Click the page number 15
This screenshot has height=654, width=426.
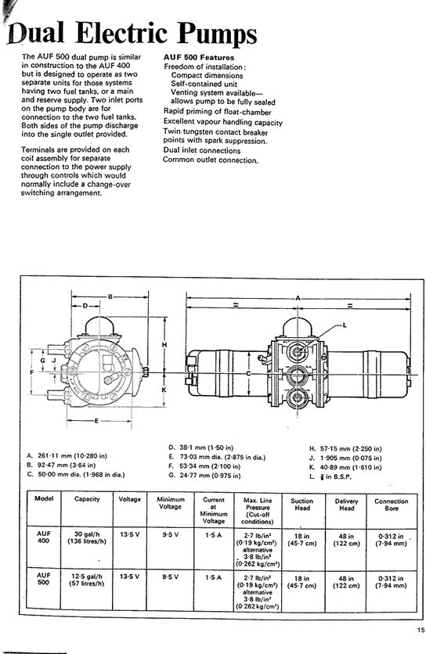click(x=421, y=631)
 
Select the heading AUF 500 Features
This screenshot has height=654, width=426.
click(x=199, y=58)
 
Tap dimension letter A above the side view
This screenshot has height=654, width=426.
click(x=298, y=298)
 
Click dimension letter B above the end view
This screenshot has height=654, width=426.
click(x=110, y=296)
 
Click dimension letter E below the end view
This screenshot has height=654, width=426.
click(x=96, y=420)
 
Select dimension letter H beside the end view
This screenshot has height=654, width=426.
click(x=164, y=344)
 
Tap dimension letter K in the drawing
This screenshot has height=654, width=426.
click(x=164, y=390)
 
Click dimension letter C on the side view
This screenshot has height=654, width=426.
click(x=248, y=373)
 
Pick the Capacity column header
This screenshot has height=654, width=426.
click(x=87, y=499)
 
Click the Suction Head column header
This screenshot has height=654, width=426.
click(x=301, y=505)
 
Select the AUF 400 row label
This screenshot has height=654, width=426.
click(x=43, y=537)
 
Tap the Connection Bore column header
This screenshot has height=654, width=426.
click(x=392, y=505)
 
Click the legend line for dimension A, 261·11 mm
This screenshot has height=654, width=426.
click(x=67, y=455)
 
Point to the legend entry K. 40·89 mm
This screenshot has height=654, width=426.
click(x=345, y=468)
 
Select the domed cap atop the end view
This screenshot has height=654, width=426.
click(x=101, y=325)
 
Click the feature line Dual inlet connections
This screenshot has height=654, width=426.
click(x=202, y=150)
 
